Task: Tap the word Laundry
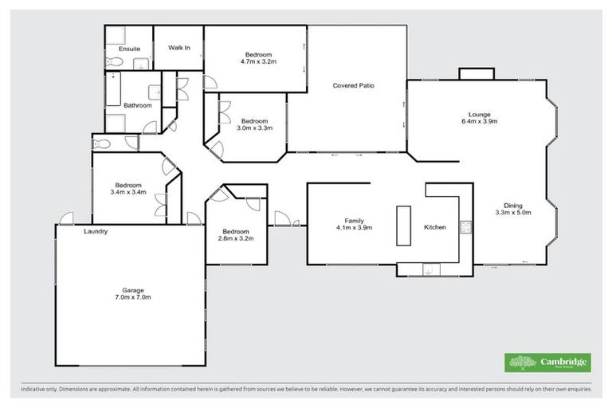coord(96,232)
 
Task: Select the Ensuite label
coord(129,49)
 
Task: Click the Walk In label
coord(179,48)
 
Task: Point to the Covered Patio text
coord(353,85)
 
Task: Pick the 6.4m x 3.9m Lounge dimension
coord(479,121)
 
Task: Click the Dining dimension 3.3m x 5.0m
coord(512,213)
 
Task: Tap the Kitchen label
coord(435,228)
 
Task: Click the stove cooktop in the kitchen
coord(467,228)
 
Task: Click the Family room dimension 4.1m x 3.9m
coord(354,228)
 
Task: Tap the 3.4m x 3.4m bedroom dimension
coord(128,192)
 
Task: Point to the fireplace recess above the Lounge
coord(477,73)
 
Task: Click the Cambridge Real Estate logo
coord(547,363)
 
